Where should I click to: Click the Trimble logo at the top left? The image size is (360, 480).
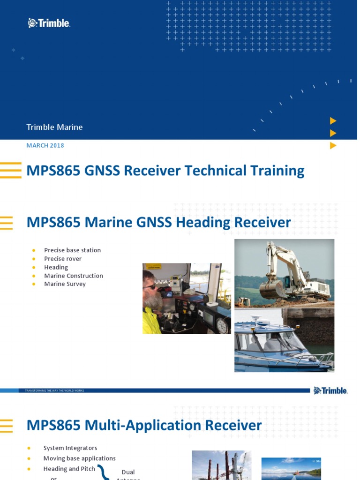click(49, 23)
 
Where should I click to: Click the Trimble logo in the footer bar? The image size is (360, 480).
click(330, 390)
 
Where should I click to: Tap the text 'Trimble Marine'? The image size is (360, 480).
click(54, 127)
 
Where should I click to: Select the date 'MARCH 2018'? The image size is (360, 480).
click(45, 145)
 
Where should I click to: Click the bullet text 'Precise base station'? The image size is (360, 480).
click(72, 250)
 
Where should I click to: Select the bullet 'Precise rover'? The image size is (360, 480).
click(63, 259)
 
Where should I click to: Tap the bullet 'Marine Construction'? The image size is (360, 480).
click(74, 276)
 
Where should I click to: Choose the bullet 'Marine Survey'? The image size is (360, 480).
click(65, 284)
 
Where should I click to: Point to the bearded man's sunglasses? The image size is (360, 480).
click(150, 286)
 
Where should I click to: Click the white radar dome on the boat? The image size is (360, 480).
click(256, 320)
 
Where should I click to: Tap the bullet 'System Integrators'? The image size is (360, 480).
click(70, 448)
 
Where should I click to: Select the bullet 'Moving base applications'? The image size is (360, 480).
click(79, 458)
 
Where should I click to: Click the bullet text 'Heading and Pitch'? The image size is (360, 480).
click(69, 469)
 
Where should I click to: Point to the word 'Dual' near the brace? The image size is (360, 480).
click(128, 472)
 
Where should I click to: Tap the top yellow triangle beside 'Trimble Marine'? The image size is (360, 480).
click(333, 121)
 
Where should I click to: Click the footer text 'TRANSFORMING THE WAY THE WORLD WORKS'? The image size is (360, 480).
click(54, 390)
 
